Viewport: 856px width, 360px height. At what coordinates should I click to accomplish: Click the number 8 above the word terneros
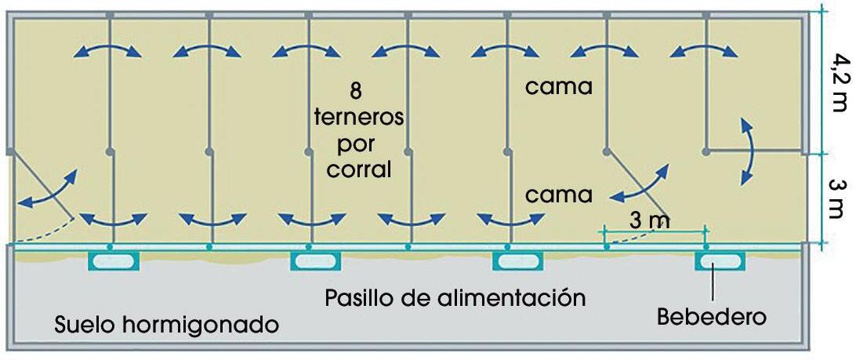click(x=356, y=91)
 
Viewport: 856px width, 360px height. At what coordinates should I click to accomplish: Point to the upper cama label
click(x=559, y=86)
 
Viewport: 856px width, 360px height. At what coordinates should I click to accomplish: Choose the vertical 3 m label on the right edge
click(x=837, y=198)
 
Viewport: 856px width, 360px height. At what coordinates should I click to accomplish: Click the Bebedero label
click(x=711, y=318)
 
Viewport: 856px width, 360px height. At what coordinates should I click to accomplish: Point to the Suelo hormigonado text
click(x=167, y=324)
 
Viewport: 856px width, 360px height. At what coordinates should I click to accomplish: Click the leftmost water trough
click(x=113, y=260)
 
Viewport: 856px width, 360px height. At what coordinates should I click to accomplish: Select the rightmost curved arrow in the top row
click(x=705, y=50)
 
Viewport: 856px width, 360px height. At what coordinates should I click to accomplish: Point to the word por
click(x=357, y=144)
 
